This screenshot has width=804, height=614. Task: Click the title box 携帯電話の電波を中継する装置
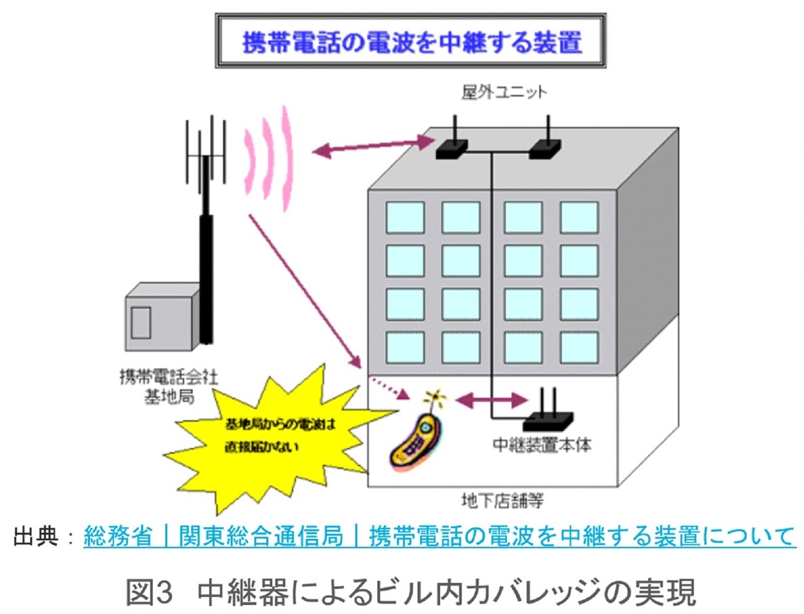coord(411,41)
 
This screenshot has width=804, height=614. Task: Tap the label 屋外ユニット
coord(504,93)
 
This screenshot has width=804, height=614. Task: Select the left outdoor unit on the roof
coord(452,148)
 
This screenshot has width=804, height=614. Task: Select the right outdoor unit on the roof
coord(545,148)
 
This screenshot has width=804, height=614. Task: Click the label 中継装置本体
coord(542,445)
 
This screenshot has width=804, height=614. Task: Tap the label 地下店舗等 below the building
coord(502,500)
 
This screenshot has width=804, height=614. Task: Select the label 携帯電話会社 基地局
coord(169,387)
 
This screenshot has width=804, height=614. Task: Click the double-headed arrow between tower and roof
coord(373,146)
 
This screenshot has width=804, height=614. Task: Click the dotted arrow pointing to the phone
coord(389,387)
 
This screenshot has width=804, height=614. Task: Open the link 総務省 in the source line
coord(118,536)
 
